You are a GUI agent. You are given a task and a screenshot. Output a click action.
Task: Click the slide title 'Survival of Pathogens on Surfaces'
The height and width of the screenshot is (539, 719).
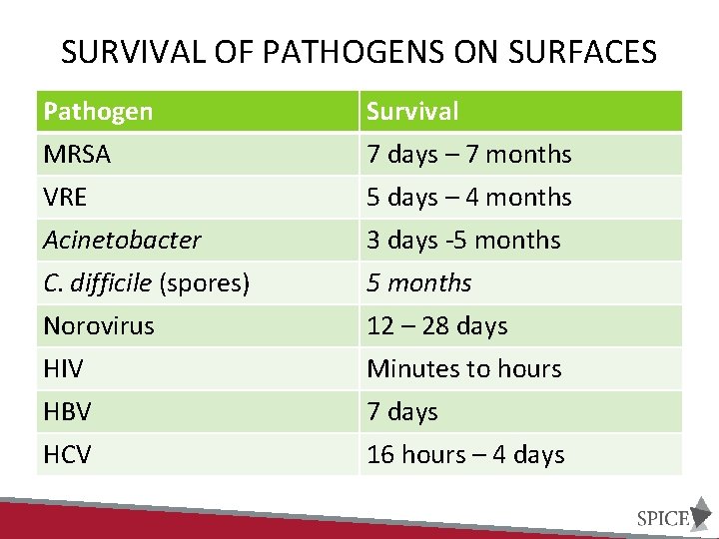coord(359,51)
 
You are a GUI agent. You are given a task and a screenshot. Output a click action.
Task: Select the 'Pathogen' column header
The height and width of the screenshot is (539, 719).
coord(98,111)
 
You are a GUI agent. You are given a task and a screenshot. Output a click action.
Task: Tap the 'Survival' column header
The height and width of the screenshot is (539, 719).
coord(412,111)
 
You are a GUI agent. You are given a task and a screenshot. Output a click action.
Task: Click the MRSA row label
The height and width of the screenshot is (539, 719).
coord(77,155)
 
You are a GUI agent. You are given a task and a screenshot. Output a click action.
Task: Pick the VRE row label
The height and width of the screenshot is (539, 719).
coord(66,198)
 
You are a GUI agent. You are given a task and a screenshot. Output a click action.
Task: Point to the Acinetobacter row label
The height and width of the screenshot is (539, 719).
coord(122,241)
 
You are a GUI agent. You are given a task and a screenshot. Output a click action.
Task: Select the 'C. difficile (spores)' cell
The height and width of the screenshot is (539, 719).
coord(146,283)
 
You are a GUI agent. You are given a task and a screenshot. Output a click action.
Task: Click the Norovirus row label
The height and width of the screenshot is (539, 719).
coord(99,326)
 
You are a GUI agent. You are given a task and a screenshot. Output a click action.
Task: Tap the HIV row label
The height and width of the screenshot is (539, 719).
coord(63,369)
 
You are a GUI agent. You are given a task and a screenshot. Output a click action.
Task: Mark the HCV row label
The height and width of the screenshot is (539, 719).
coord(67,455)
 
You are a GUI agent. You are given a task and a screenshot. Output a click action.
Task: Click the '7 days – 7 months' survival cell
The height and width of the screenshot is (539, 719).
coord(469,155)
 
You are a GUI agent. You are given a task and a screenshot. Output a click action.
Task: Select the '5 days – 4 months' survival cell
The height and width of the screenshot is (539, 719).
coord(469,198)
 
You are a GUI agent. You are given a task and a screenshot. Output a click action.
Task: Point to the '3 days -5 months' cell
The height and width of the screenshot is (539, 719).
coord(463,241)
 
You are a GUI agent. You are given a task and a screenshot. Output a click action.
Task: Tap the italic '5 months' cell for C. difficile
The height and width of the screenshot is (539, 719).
coord(418,283)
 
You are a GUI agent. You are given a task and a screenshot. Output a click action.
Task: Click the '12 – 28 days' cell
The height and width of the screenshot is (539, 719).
coord(437,326)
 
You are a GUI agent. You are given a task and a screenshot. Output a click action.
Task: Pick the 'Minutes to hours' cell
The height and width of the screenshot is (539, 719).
coord(464,369)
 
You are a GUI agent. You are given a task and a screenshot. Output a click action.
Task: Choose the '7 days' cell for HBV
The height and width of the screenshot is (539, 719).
coord(402,412)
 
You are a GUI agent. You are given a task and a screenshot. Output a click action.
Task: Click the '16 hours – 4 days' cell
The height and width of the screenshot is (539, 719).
coord(465,455)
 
